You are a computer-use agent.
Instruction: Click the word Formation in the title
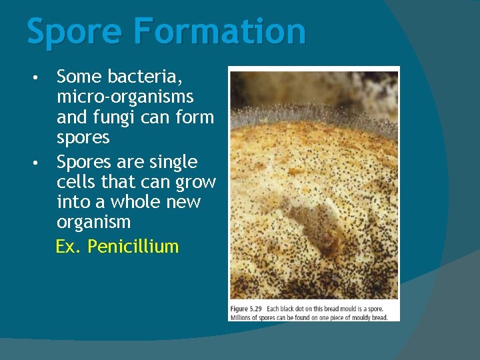[x=219, y=31]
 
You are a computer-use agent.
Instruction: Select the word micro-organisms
[x=125, y=97]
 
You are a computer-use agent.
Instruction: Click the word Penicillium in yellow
[x=133, y=247]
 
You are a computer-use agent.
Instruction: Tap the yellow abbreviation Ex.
[x=69, y=247]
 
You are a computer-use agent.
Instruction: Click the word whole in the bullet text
[x=131, y=201]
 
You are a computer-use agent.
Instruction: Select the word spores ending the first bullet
[x=83, y=137]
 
